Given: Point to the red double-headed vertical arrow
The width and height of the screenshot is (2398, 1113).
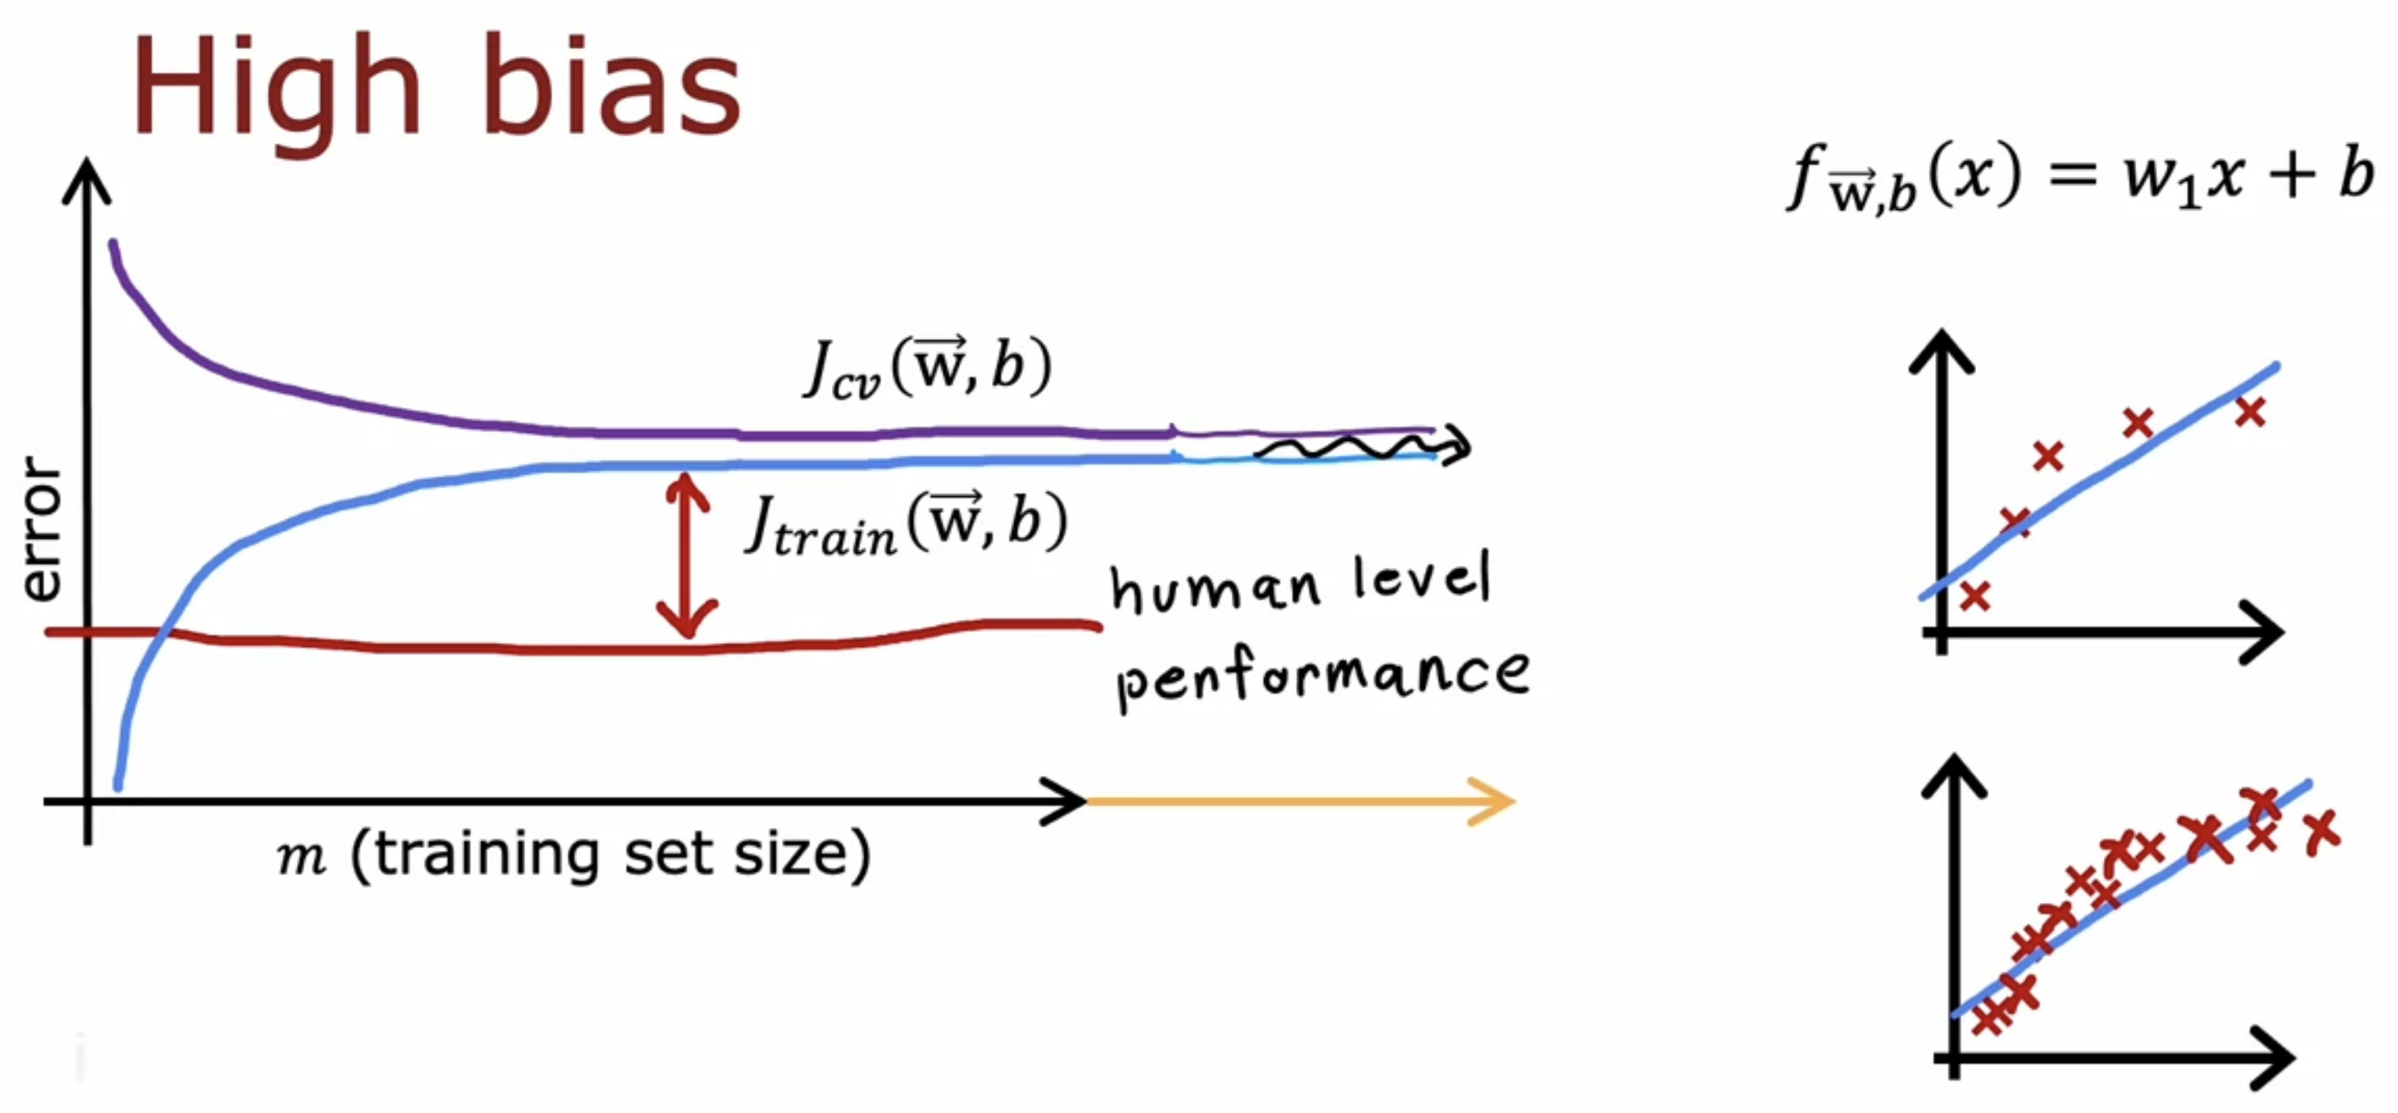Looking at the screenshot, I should click(687, 556).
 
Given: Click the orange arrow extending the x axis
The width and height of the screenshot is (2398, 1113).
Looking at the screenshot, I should click(1303, 801).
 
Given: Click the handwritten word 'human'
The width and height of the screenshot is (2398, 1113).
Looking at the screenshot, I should click(1216, 588).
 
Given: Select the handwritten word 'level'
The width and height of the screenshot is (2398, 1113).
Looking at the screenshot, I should click(1422, 577).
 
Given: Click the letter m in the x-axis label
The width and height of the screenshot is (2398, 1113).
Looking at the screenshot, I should click(301, 856).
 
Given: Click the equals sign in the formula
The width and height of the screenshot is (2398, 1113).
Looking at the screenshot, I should click(2072, 175).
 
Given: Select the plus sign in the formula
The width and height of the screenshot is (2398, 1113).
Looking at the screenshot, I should click(2294, 175).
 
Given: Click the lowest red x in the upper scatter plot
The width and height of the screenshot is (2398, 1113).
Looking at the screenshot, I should click(1975, 595).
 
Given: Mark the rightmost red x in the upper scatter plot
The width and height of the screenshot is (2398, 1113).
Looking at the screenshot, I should click(2250, 411).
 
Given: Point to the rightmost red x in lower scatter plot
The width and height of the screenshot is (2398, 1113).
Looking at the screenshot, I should click(2322, 830).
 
